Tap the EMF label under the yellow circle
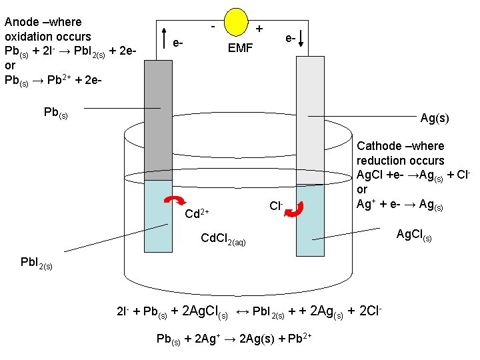pos(240,48)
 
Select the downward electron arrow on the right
pos(301,39)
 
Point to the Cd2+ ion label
pos(197,213)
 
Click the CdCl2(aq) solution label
pos(223,239)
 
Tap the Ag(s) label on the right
pos(435,118)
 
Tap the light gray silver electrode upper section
pos(309,120)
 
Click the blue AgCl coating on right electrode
pos(309,220)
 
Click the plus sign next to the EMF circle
pos(259,29)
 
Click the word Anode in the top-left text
pos(21,21)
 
